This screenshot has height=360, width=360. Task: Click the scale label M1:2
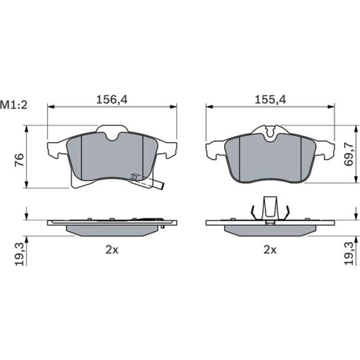point(14,105)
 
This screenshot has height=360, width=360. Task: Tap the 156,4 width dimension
point(112,100)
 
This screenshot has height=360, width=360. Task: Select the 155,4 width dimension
point(270,100)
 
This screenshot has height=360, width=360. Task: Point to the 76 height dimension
point(19,160)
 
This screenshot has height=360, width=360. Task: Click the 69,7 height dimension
point(349,154)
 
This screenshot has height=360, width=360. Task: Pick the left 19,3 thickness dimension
point(20,255)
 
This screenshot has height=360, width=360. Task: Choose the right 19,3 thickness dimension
point(349,254)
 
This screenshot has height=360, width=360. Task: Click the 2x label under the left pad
point(112,250)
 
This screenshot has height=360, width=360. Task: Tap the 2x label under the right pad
point(270,250)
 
